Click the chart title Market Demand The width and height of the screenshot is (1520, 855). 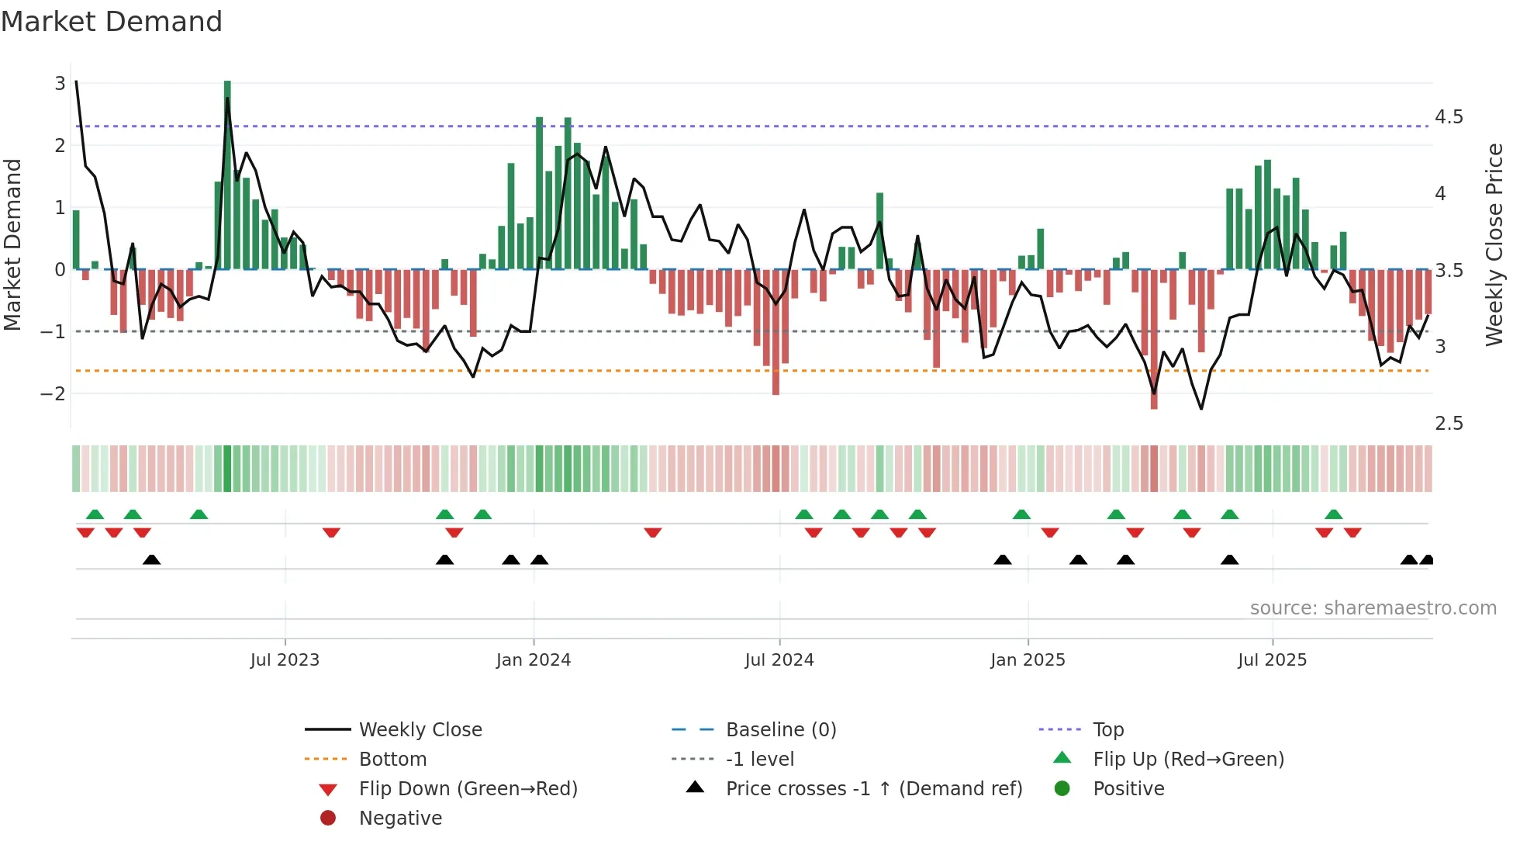112,22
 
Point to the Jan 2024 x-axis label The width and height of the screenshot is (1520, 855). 534,660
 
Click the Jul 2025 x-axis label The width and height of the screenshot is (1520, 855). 1272,660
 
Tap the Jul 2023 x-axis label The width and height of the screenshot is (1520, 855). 285,660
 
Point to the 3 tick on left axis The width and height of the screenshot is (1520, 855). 60,83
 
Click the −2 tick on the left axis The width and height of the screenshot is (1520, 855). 54,393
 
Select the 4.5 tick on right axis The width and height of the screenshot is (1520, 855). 1449,117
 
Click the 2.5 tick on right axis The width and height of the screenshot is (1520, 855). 1449,424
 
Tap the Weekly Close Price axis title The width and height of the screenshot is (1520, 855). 1494,244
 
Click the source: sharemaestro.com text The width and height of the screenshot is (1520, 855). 1373,608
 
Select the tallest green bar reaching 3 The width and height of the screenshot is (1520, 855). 227,175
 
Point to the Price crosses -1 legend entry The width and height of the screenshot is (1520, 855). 873,789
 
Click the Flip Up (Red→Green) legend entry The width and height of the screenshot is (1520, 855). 1188,760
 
